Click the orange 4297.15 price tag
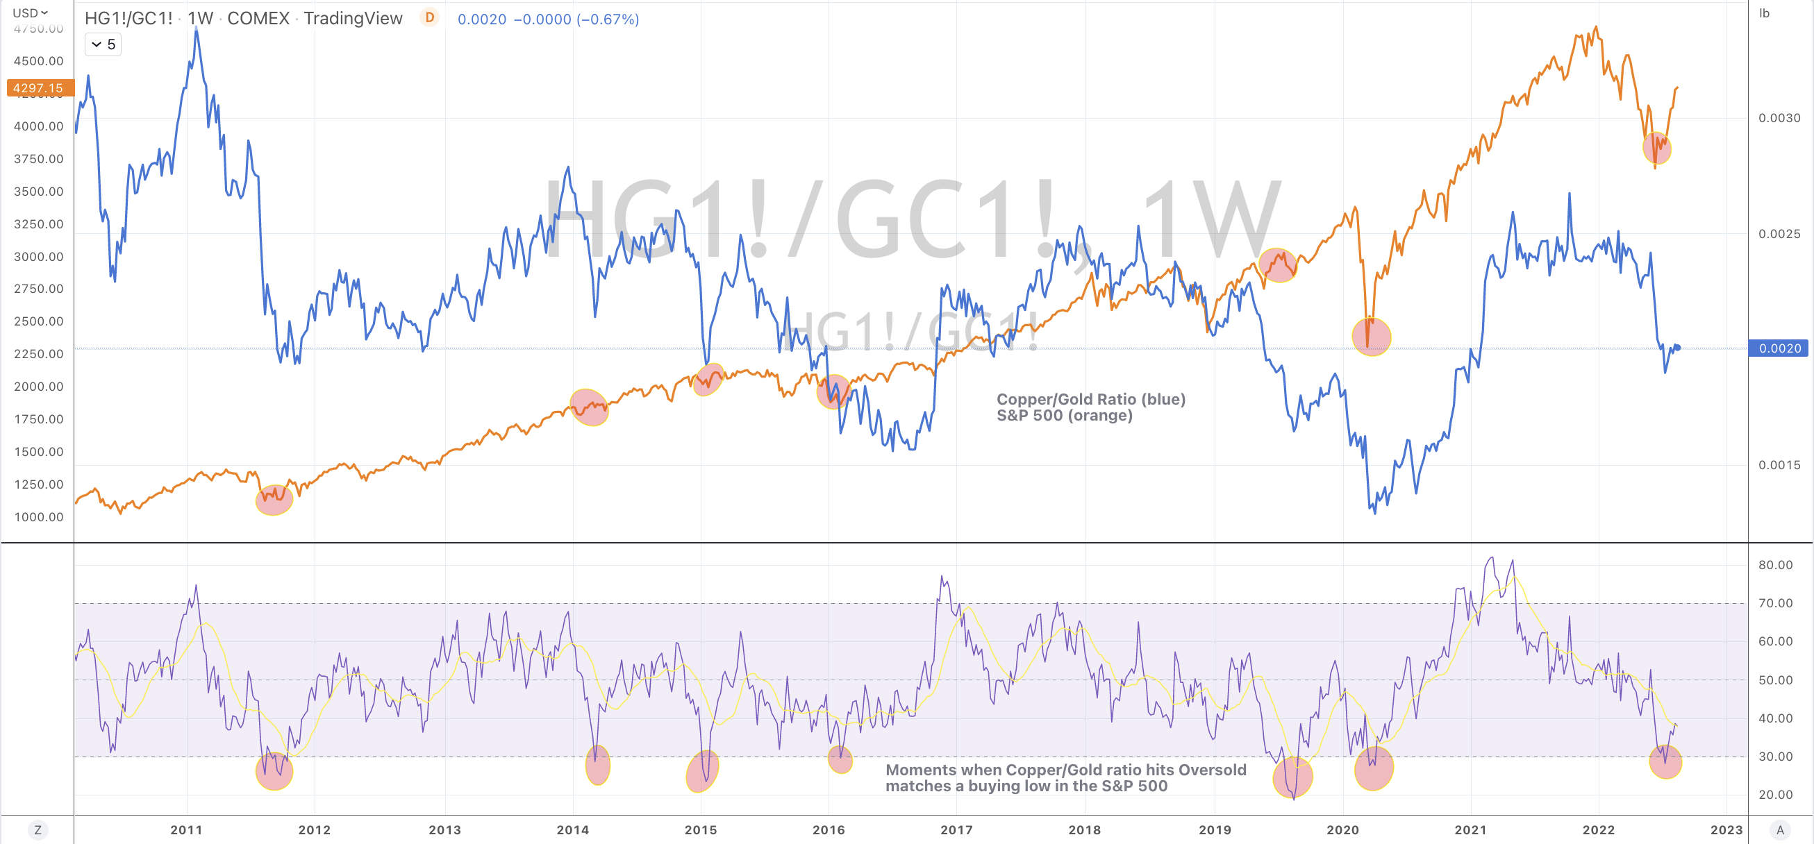click(39, 88)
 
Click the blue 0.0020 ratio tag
click(1779, 348)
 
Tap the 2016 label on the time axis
click(828, 830)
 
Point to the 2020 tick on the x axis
click(1342, 830)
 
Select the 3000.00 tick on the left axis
click(39, 257)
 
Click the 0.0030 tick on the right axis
click(1779, 118)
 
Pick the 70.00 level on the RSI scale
click(1775, 603)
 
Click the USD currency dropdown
click(31, 12)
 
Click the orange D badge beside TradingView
click(429, 17)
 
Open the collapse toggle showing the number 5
click(103, 44)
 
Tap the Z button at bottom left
click(38, 830)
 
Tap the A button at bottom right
click(1779, 830)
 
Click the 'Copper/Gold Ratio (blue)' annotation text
click(1090, 399)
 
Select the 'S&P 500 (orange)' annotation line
click(1064, 415)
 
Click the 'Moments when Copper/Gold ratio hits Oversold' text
click(1065, 769)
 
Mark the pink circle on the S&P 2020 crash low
click(1371, 337)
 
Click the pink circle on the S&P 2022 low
click(1656, 149)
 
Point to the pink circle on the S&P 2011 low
click(273, 499)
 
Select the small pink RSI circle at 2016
click(840, 759)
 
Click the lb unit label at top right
click(1764, 12)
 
